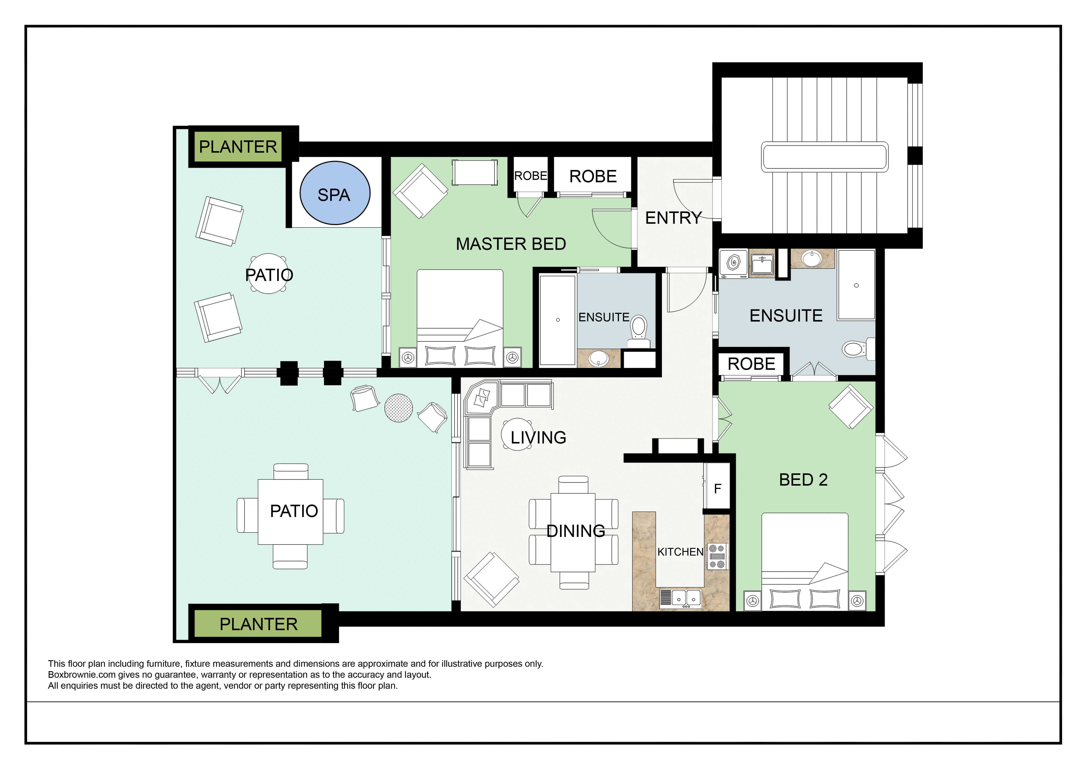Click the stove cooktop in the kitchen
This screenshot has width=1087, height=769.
point(717,556)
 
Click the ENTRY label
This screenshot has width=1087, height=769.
point(673,218)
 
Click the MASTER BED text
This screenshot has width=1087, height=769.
point(511,244)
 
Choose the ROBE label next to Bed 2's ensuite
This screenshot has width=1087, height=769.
point(751,364)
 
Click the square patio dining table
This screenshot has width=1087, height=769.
point(290,512)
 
